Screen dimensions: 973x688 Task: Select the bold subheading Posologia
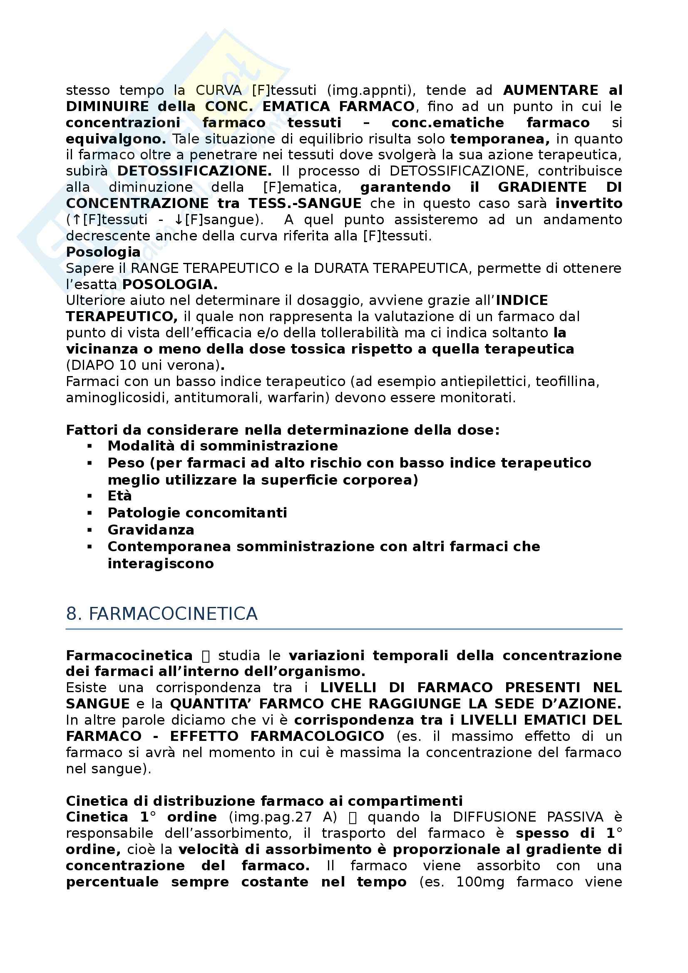coord(103,252)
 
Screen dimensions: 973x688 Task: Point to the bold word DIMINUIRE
coord(107,106)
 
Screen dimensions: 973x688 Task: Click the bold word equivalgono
coord(116,139)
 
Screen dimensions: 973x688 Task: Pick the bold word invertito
coord(589,203)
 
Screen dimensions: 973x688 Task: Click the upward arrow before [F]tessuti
coord(77,220)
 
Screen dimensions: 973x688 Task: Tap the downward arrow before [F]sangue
coord(179,220)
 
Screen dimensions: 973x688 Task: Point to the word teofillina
coord(567,382)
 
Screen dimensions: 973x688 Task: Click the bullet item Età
coord(119,496)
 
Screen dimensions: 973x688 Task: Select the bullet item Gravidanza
coord(151,530)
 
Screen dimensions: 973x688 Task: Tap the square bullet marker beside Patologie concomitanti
coord(89,513)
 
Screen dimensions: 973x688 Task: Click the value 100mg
coord(480,882)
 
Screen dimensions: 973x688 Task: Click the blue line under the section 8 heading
coord(344,629)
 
